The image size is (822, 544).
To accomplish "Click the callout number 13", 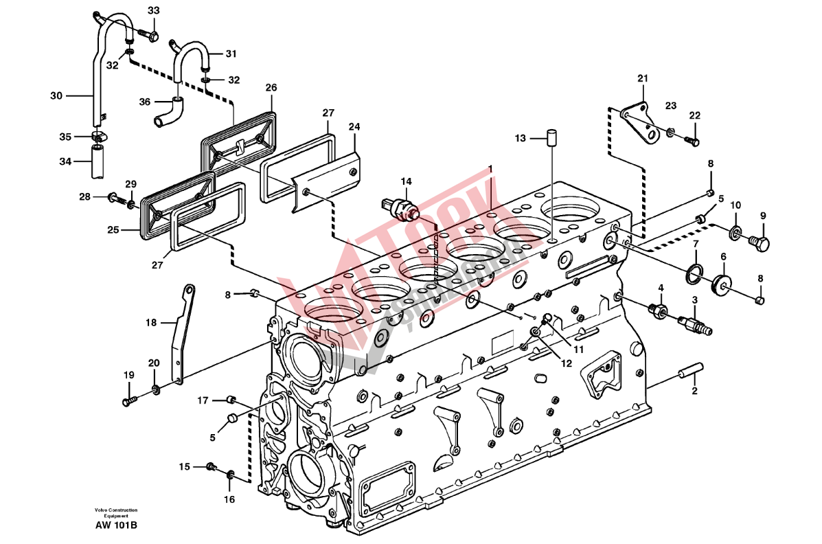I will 520,139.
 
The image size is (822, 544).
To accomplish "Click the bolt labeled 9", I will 759,242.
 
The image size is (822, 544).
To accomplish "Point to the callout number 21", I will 642,79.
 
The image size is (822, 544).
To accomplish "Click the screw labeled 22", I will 692,141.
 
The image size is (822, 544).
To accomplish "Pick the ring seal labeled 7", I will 694,271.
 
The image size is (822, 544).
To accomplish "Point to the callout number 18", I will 151,321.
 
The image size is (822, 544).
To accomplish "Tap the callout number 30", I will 56,95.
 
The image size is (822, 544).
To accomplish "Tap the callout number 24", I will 354,127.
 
